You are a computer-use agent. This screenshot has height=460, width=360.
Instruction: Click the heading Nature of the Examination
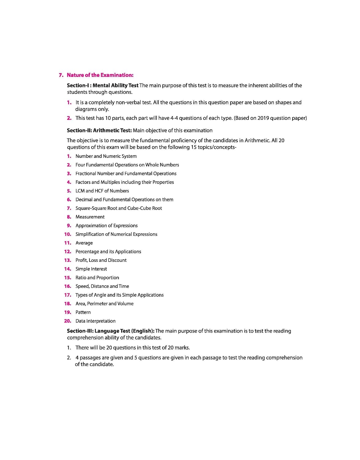pos(100,75)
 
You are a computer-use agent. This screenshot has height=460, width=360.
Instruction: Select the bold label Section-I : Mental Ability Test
pos(103,86)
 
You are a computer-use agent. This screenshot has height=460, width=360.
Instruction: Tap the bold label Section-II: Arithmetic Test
pos(99,130)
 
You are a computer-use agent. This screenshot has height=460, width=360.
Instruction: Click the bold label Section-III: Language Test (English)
pos(111,331)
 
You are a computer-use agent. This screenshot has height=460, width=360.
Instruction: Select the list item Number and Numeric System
pos(106,156)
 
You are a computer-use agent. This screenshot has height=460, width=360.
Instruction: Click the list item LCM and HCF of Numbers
pos(102,191)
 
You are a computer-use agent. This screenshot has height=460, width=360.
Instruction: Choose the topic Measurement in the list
pos(90,217)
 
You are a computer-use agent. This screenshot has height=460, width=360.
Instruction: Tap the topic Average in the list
pos(84,243)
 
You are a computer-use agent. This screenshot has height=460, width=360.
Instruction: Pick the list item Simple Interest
pos(91,269)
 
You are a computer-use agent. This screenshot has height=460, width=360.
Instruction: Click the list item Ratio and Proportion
pos(97,278)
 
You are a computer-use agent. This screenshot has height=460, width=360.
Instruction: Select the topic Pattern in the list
pos(83,312)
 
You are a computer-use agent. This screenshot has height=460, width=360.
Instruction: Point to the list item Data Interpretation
pos(95,321)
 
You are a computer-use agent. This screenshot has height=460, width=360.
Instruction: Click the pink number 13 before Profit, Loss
pos(67,260)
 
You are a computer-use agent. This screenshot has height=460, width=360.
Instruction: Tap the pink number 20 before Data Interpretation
pos(67,321)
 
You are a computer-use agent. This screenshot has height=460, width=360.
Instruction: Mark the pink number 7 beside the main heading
pos(61,75)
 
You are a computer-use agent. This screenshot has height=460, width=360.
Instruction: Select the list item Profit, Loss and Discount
pos(101,260)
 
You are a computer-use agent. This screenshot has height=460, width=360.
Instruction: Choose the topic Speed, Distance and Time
pos(102,286)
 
